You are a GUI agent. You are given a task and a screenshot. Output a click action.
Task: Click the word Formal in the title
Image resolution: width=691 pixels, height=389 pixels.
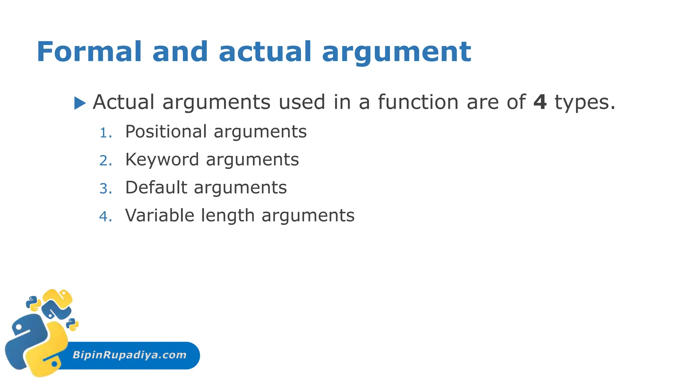[x=89, y=52]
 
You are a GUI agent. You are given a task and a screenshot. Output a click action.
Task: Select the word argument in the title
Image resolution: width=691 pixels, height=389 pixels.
[x=396, y=53]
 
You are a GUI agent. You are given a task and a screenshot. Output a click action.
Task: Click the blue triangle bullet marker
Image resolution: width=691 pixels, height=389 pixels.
[x=80, y=103]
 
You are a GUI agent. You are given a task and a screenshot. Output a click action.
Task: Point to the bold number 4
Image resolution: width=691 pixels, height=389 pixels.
[x=540, y=102]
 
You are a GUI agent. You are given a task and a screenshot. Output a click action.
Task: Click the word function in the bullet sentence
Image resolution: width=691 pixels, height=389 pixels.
[x=418, y=102]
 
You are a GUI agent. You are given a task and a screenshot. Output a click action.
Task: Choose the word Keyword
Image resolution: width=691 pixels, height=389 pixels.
[x=162, y=160]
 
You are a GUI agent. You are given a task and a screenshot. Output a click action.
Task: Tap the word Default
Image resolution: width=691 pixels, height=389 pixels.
[x=156, y=187]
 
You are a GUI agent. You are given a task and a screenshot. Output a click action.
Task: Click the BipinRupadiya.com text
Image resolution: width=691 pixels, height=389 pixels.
[x=130, y=355]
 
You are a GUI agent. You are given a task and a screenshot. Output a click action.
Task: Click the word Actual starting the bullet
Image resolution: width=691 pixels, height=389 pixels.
[x=123, y=102]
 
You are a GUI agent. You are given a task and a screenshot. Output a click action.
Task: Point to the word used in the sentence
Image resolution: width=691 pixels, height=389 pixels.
[x=302, y=102]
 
